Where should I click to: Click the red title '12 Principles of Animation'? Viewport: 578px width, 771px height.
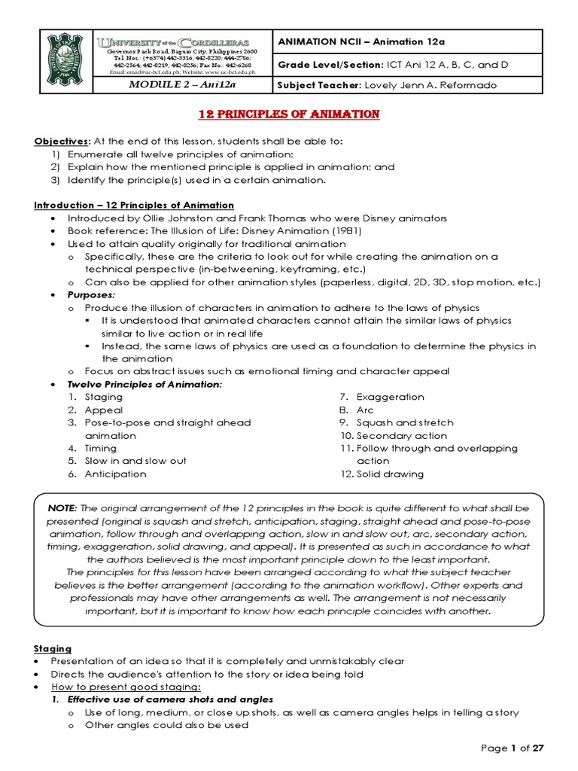(x=288, y=114)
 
